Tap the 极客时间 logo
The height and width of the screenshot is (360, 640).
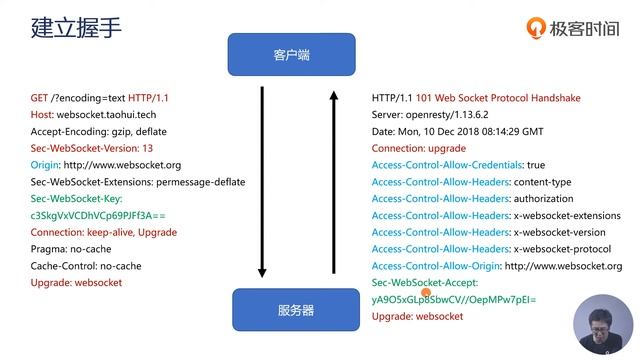[573, 28]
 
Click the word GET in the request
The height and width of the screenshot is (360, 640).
[40, 98]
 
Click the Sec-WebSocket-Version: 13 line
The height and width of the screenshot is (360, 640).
[92, 148]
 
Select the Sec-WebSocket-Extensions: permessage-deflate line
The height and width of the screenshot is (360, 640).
[138, 182]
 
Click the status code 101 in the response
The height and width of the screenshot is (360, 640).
[427, 98]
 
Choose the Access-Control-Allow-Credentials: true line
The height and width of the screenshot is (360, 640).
[458, 165]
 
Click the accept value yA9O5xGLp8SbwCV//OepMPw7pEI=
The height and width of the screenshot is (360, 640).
[454, 299]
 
